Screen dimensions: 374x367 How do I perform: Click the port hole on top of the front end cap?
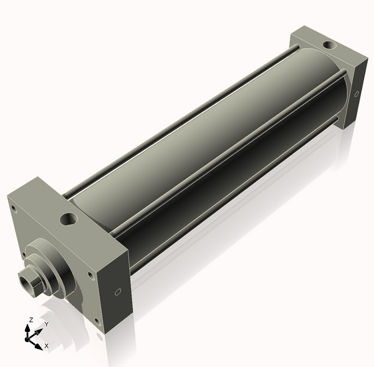coord(69,218)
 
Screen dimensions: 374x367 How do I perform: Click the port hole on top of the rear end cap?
coord(329,44)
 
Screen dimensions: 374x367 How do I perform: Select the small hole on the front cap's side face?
coord(118,291)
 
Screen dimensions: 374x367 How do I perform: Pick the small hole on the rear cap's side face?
coord(357,94)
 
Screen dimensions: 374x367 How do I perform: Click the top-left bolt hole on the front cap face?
coord(14,210)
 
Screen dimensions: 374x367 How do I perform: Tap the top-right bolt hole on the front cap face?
coord(90,275)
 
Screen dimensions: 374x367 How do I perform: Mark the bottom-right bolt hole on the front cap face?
coord(97,321)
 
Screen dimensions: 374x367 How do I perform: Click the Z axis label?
coord(31,320)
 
